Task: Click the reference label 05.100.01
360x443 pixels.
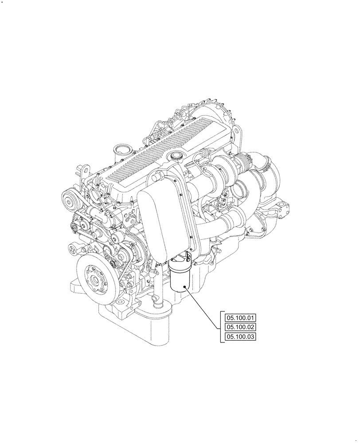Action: click(x=241, y=318)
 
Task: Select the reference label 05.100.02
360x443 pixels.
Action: click(x=241, y=327)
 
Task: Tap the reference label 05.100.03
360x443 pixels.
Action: click(x=241, y=337)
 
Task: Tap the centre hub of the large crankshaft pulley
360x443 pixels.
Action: click(x=95, y=280)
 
